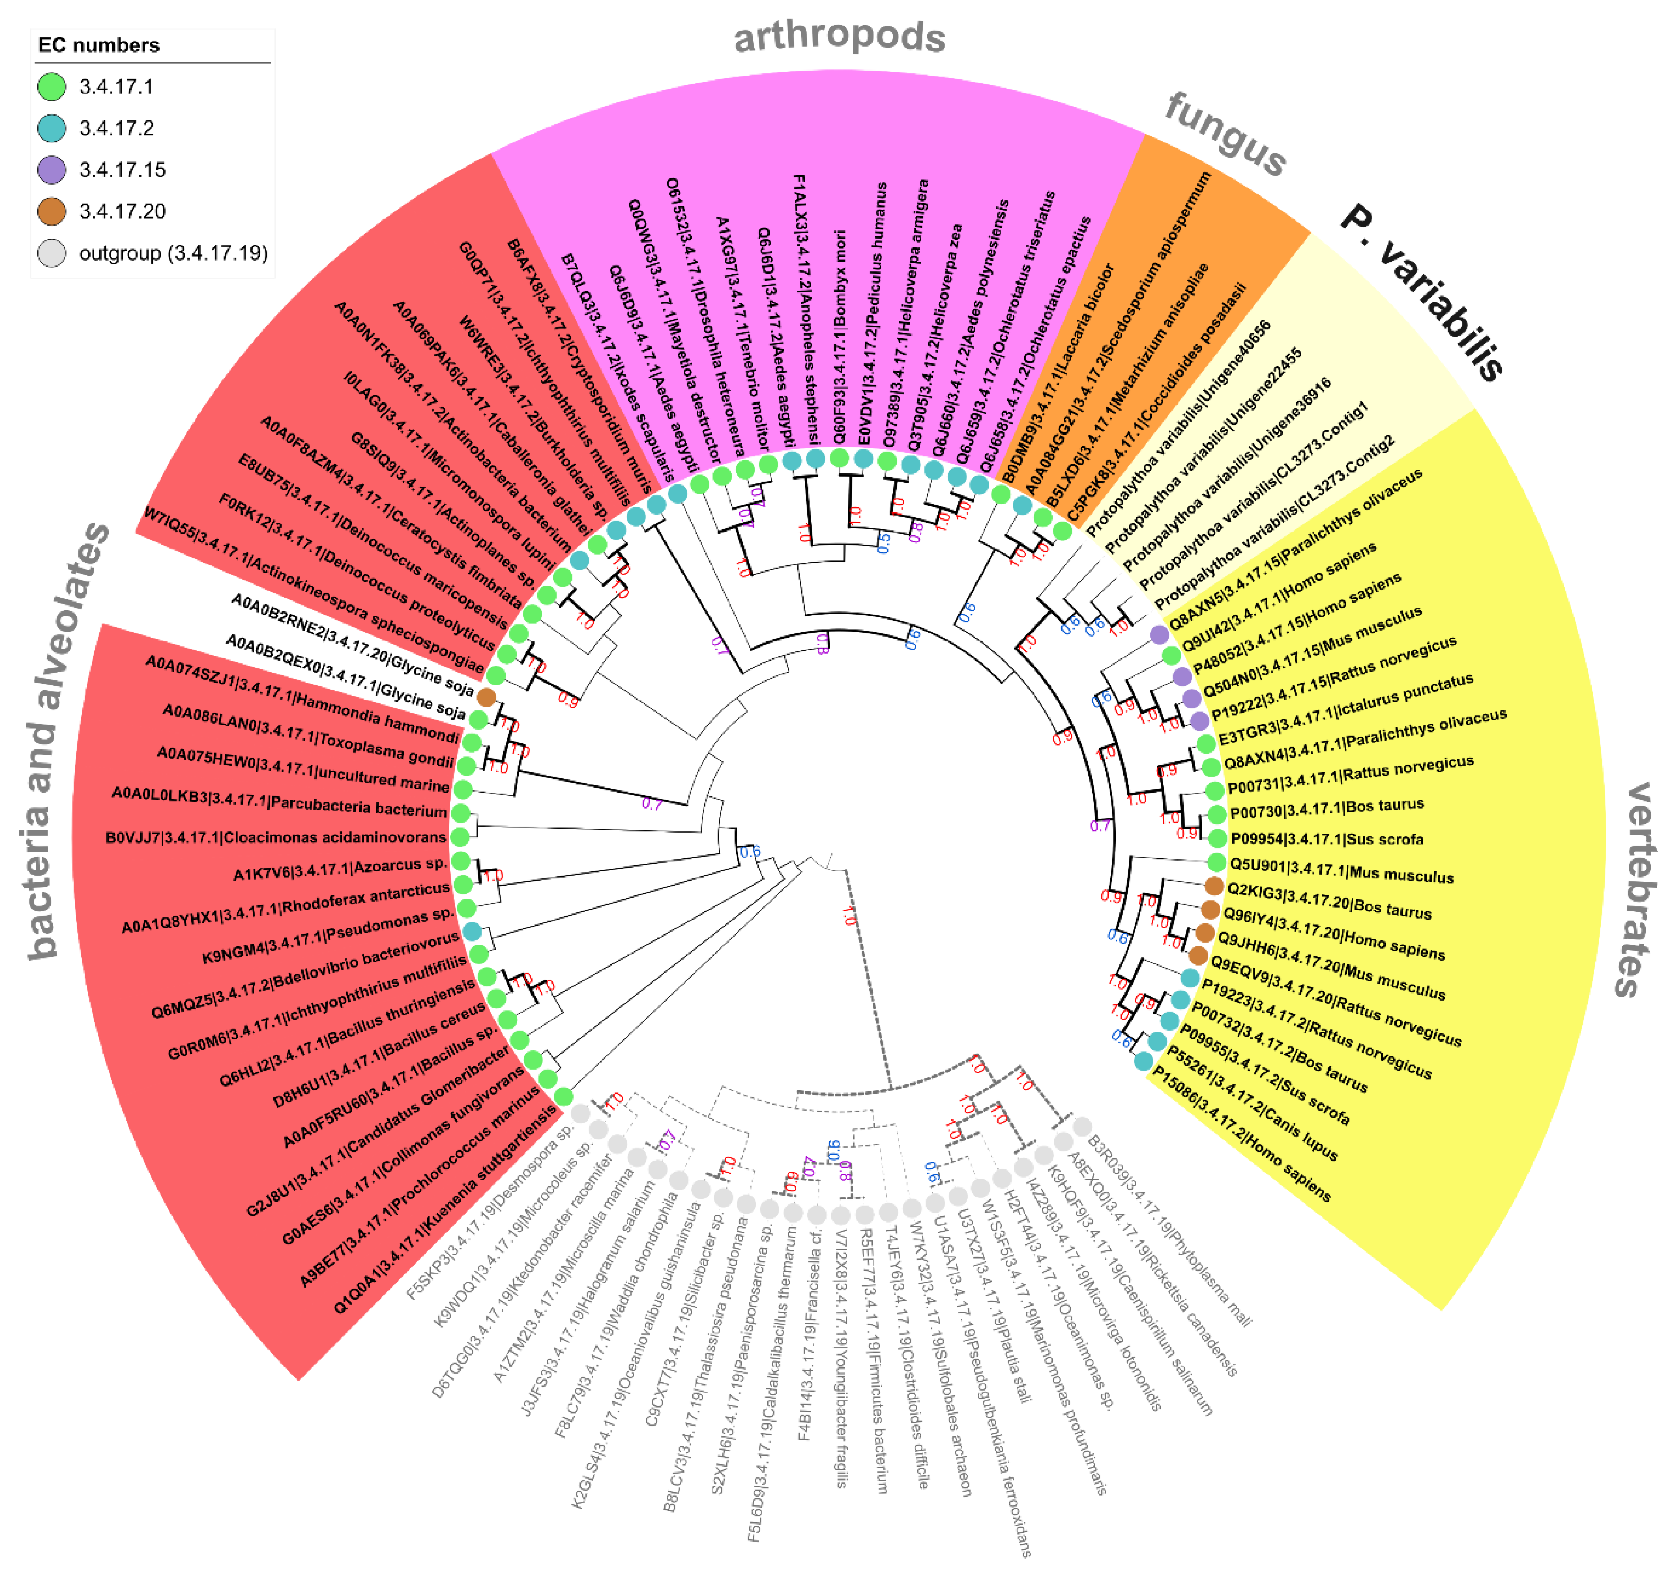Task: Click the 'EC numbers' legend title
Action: tap(98, 45)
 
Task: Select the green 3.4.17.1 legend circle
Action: tap(52, 87)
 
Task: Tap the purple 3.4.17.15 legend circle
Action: tap(52, 170)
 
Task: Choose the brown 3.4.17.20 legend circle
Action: tap(52, 211)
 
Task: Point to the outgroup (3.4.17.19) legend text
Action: tap(173, 253)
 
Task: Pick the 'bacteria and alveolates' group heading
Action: tap(64, 740)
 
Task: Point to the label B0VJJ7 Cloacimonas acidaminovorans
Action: tap(276, 838)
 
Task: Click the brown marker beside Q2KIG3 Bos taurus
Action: tap(1213, 886)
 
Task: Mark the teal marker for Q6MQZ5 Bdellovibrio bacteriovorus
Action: tap(472, 931)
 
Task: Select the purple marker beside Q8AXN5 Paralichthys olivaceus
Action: tap(1158, 634)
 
